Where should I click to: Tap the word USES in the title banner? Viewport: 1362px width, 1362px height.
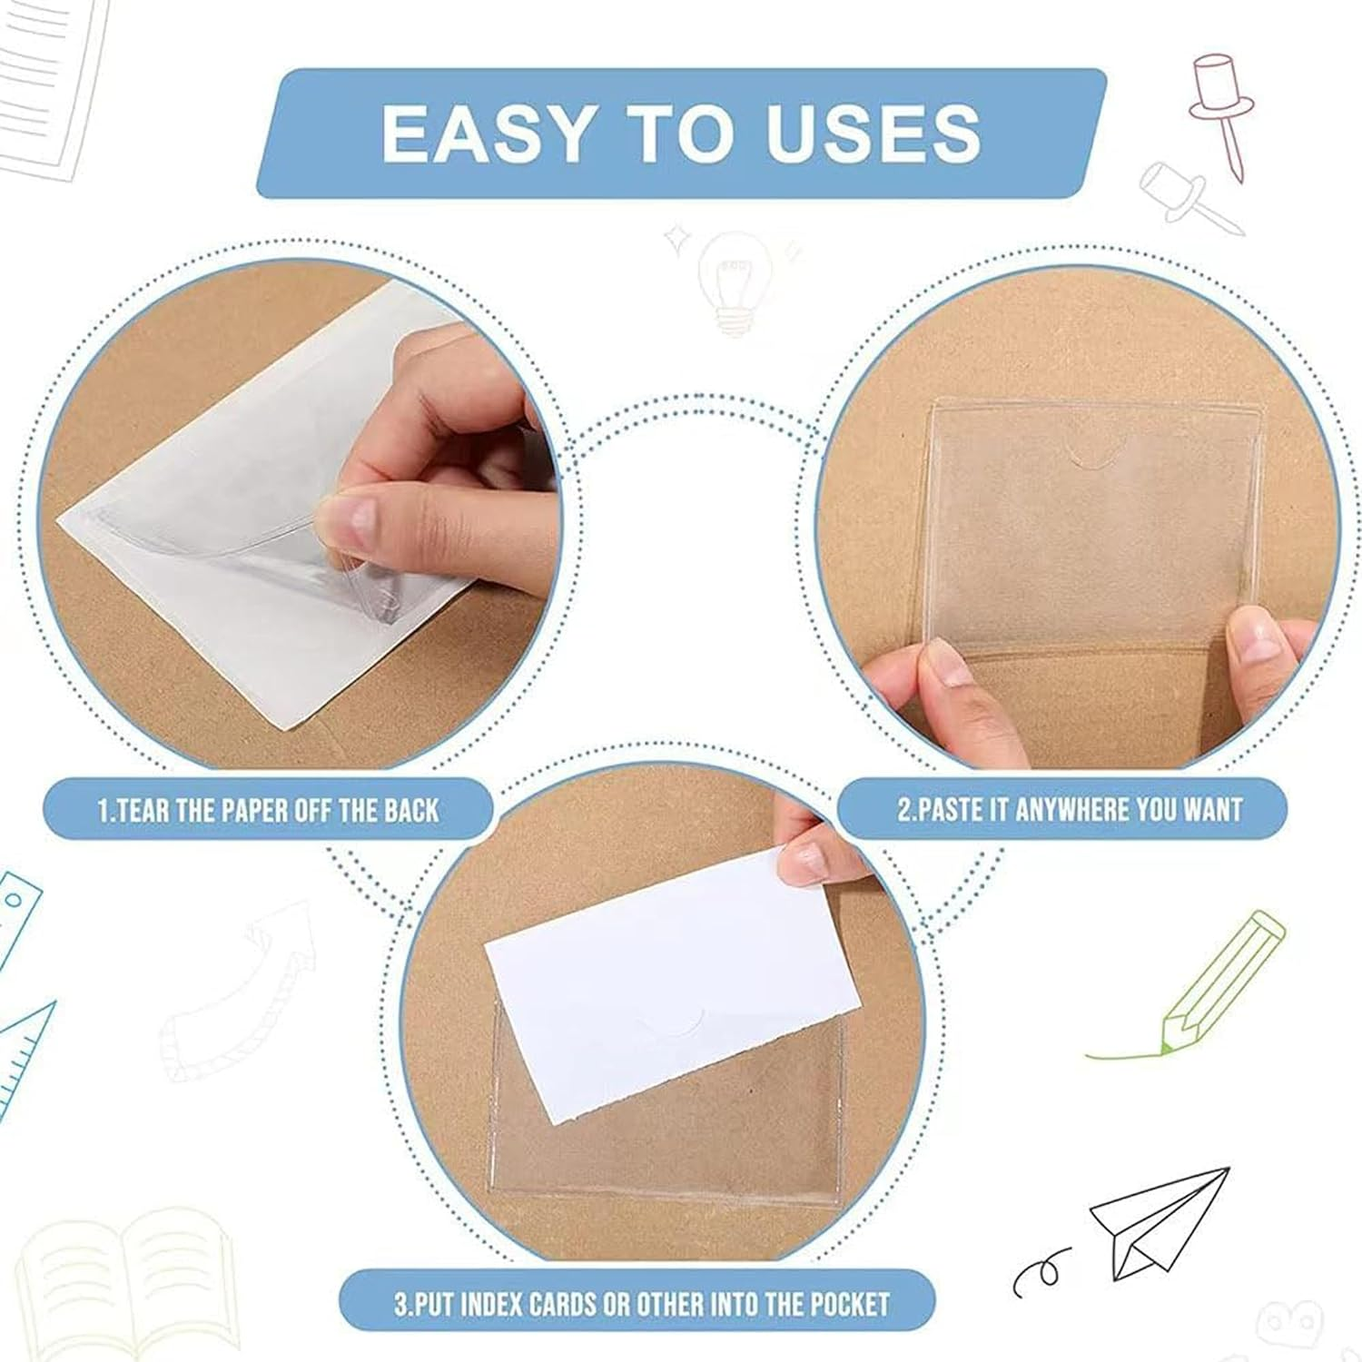873,133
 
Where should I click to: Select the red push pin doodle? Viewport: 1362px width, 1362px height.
1217,100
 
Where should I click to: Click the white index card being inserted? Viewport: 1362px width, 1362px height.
672,990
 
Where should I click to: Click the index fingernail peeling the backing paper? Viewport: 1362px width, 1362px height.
349,518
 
